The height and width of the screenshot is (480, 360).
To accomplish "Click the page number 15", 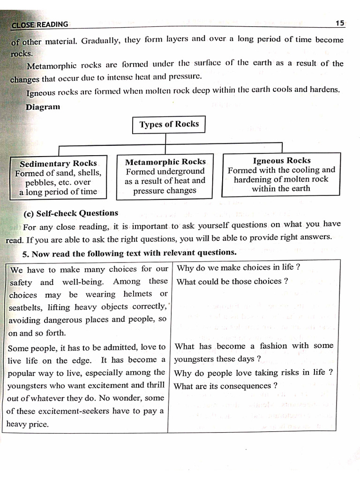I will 340,23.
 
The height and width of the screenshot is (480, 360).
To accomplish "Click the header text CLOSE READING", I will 39,24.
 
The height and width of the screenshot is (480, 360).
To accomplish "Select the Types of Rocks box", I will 169,124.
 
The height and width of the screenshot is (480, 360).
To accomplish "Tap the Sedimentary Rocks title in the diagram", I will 58,164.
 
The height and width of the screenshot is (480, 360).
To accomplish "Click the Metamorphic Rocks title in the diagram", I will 165,162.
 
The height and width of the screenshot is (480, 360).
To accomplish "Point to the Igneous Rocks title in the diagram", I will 281,160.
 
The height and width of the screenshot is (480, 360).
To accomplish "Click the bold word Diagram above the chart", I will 43,107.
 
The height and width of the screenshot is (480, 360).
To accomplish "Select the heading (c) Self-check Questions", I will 71,213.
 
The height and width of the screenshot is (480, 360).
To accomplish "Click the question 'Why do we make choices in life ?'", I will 238,267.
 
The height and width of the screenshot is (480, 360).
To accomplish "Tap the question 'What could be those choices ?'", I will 232,281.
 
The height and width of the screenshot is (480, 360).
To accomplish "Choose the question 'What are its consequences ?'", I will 225,386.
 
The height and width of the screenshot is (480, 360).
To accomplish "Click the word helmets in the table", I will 137,294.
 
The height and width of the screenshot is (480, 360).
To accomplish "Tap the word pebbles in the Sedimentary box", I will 40,182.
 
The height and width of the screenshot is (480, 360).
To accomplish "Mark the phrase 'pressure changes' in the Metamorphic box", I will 165,190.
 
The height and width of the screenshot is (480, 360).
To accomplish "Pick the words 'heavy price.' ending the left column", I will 28,424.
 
